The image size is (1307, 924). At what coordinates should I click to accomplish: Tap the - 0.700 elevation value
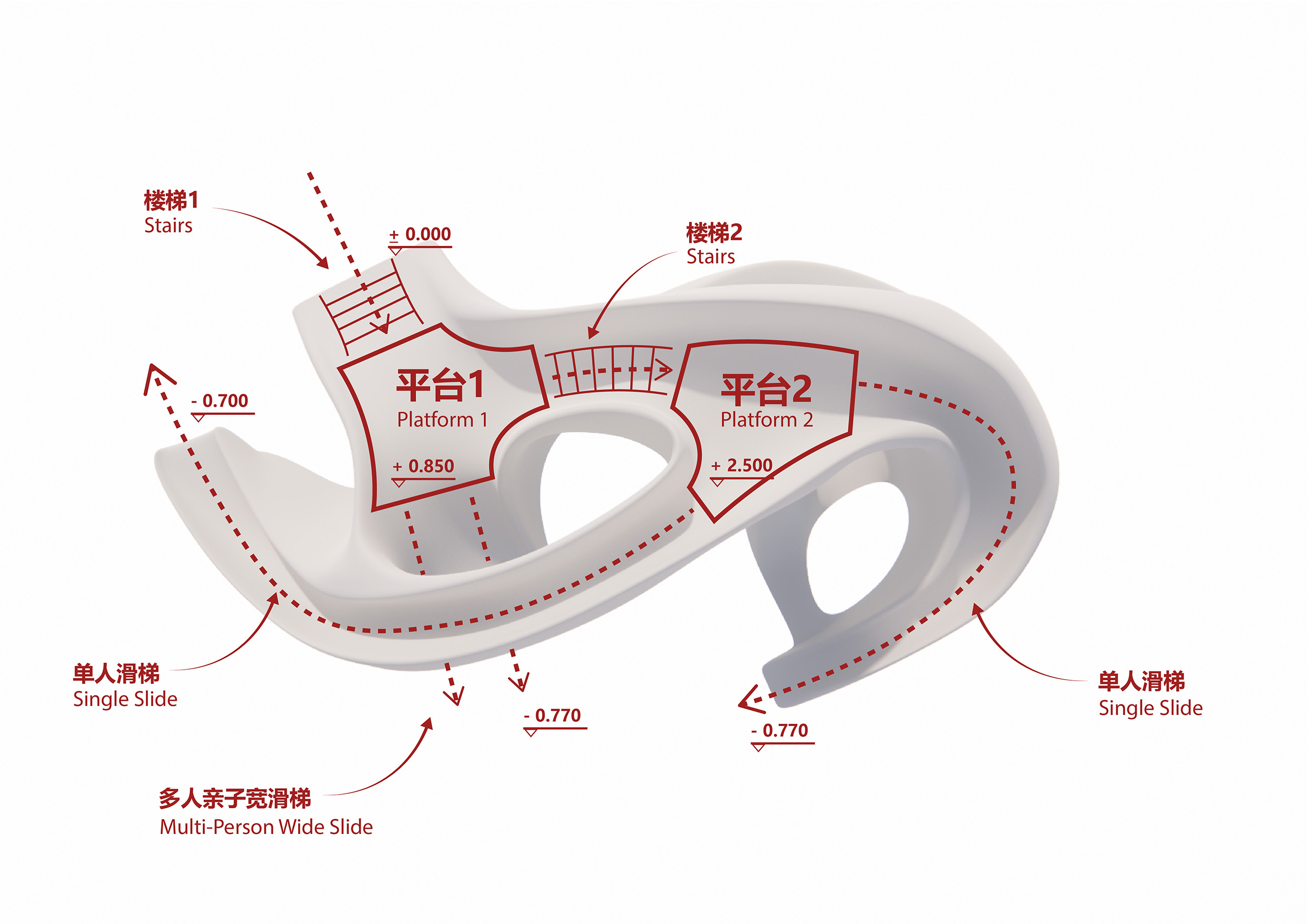pyautogui.click(x=220, y=401)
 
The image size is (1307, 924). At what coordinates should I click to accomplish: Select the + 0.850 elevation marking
pyautogui.click(x=424, y=466)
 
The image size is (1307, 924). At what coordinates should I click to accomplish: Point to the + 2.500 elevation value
pyautogui.click(x=742, y=465)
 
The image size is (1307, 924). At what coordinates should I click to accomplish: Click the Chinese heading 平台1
pyautogui.click(x=440, y=385)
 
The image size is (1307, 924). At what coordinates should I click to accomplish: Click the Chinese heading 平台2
pyautogui.click(x=765, y=389)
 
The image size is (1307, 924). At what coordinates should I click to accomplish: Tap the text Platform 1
pyautogui.click(x=443, y=420)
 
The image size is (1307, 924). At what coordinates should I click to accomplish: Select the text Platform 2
pyautogui.click(x=766, y=420)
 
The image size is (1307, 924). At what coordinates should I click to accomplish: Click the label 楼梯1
pyautogui.click(x=171, y=200)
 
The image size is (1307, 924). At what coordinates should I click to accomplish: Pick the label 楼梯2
pyautogui.click(x=714, y=232)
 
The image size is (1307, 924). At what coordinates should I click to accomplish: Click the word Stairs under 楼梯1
pyautogui.click(x=168, y=225)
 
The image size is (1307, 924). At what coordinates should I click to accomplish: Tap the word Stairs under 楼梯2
pyautogui.click(x=711, y=256)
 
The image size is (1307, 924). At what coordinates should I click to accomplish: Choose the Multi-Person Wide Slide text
pyautogui.click(x=266, y=827)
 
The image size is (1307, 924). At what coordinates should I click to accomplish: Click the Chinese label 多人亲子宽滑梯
pyautogui.click(x=234, y=798)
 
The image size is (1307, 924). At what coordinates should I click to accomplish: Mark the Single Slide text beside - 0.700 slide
pyautogui.click(x=125, y=699)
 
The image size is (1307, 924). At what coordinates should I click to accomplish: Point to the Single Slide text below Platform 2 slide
pyautogui.click(x=1151, y=708)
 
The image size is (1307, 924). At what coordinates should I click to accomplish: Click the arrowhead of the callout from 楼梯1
pyautogui.click(x=324, y=263)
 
